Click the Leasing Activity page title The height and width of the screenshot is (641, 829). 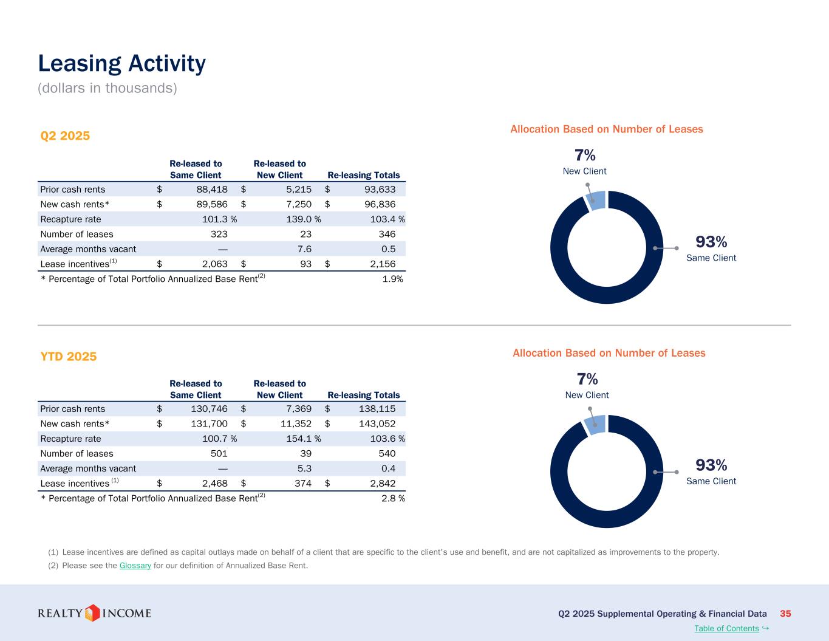(121, 64)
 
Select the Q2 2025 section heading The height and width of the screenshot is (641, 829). (65, 135)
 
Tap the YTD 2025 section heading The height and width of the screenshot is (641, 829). (68, 357)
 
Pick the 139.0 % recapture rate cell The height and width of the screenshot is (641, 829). (303, 219)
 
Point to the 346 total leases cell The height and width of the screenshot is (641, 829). (386, 234)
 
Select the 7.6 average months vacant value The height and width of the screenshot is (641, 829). (304, 249)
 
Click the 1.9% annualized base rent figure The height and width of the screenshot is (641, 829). (392, 279)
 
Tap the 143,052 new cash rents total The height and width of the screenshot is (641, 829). (377, 423)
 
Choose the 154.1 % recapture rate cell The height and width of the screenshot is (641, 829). (303, 439)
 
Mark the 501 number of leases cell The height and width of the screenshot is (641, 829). (219, 453)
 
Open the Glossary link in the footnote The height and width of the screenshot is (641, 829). (135, 566)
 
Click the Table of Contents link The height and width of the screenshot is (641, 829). (726, 628)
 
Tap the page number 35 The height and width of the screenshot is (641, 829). (785, 614)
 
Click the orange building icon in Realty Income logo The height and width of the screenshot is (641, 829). (92, 613)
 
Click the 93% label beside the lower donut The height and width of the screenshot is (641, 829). (711, 465)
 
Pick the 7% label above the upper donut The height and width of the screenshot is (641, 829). (585, 155)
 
